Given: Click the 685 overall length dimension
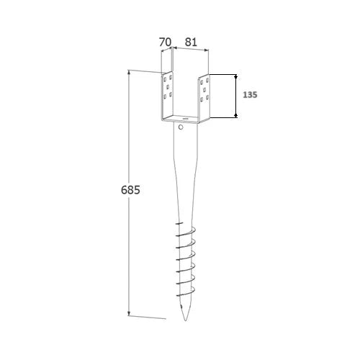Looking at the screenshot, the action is pos(130,190).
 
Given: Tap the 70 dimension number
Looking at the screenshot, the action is pos(166,42).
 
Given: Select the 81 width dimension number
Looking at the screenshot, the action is pos(191,42).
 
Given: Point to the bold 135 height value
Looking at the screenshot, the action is pos(250,95).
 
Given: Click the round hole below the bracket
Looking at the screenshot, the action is pos(181,127).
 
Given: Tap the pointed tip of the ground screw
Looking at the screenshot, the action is pos(185,320).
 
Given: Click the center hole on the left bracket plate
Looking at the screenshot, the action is pos(168,86).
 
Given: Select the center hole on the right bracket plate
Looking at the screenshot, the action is pos(204,90).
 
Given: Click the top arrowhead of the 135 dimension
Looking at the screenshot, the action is pos(235,76).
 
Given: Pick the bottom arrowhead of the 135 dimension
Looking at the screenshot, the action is pos(235,115).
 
